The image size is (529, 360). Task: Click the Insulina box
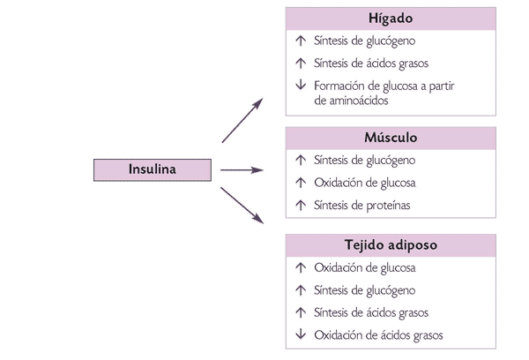153,170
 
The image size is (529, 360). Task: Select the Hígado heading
390,19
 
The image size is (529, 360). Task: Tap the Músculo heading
390,139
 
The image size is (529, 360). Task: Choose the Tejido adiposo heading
390,245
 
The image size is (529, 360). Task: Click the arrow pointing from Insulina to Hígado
242,120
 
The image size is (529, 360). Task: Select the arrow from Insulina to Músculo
242,170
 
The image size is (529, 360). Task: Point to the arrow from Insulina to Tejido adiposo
242,205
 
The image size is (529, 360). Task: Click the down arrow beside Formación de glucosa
301,86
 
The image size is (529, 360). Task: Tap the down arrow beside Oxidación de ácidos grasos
301,335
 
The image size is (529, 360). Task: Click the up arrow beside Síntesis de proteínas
301,206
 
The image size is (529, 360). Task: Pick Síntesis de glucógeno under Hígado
364,41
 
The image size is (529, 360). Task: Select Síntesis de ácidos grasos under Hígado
370,64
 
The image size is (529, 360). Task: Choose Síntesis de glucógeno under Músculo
364,161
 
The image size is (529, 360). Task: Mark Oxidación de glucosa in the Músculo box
364,184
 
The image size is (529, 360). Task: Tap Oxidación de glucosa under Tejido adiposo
364,268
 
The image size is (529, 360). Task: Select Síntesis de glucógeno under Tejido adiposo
364,290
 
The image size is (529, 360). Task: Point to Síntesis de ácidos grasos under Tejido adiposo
370,312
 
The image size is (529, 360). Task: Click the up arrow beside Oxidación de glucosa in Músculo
301,184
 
